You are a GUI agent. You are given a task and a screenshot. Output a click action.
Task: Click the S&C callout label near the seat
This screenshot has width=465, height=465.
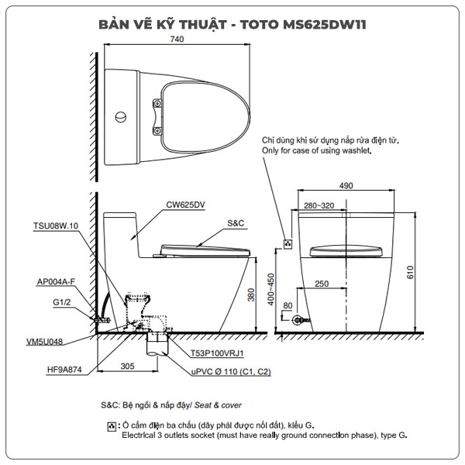(236, 222)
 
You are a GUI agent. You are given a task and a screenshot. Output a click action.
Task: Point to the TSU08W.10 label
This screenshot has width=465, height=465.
(56, 226)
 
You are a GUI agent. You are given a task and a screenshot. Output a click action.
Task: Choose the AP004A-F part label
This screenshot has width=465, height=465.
(55, 282)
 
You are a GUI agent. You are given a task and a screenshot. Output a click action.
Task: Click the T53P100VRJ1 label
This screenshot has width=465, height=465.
(218, 353)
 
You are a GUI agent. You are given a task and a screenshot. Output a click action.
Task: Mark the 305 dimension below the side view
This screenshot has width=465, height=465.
(128, 366)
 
